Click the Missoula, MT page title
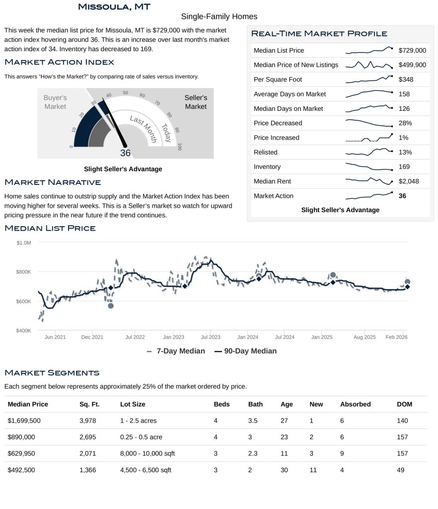114,6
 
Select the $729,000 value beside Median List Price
412,50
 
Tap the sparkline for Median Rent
369,181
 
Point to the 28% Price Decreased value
405,123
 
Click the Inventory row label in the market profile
267,167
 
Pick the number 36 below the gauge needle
125,153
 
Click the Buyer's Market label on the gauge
55,102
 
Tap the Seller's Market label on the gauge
196,102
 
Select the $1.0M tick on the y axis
23,243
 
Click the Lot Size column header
133,404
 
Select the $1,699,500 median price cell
24,421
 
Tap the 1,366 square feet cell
87,470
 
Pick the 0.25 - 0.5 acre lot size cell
141,437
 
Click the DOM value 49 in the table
401,470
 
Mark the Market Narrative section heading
53,182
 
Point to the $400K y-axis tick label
23,331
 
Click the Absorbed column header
355,404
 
